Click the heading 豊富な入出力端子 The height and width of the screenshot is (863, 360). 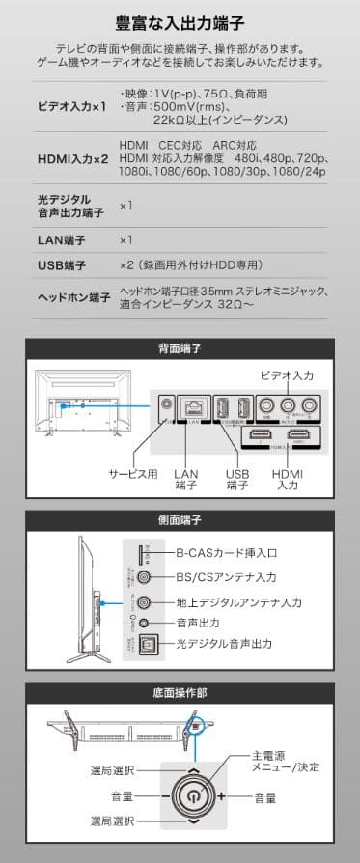coord(180,21)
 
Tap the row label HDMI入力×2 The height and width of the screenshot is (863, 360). coord(72,158)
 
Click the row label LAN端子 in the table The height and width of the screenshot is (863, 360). coord(60,239)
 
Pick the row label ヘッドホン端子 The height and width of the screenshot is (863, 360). coord(72,297)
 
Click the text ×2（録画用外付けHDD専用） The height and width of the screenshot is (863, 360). coord(190,264)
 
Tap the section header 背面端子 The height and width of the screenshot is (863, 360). coord(180,348)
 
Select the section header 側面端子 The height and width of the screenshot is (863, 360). coord(180,520)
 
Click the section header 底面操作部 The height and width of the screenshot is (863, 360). coord(180,692)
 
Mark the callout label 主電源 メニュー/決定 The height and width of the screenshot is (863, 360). coord(285,761)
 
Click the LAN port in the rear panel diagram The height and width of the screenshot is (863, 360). coord(194,408)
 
